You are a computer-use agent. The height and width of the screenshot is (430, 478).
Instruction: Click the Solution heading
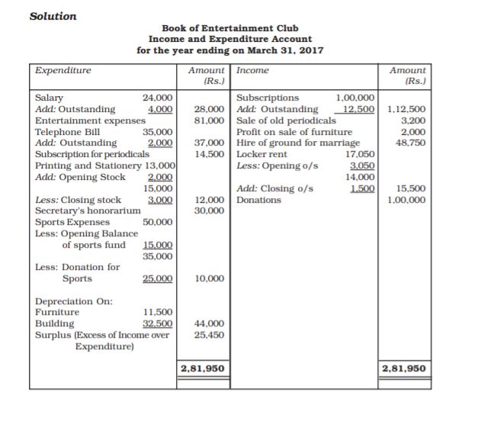click(53, 15)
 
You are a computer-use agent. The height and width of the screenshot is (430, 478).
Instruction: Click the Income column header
click(253, 71)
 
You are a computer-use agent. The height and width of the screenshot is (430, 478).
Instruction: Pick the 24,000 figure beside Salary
click(159, 98)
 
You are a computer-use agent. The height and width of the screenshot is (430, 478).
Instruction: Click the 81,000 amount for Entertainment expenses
click(208, 120)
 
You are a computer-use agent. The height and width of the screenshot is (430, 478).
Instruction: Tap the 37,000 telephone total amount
click(208, 143)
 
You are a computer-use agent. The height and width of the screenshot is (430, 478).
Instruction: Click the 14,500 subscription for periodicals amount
click(208, 154)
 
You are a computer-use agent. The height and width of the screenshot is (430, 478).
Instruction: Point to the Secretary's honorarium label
click(88, 210)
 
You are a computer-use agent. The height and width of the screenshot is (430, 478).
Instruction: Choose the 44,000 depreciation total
click(208, 323)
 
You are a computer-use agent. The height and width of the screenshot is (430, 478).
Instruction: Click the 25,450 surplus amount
click(208, 335)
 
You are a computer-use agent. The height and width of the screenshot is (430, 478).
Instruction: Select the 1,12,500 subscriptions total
click(406, 109)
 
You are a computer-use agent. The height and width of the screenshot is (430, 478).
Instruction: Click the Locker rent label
click(262, 154)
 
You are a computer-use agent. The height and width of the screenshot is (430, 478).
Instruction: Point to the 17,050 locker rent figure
click(360, 154)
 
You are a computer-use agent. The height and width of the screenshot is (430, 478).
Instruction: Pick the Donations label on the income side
click(259, 200)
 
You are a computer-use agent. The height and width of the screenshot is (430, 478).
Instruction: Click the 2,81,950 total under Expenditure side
click(202, 369)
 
